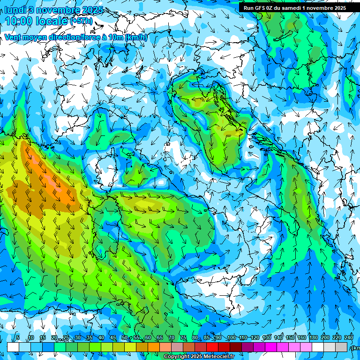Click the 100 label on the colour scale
point(231,338)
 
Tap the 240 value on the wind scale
point(348,338)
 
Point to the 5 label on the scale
point(18,338)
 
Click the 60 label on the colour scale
point(148,338)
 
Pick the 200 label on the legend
point(325,338)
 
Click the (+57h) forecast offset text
point(81,21)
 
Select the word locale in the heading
point(55,21)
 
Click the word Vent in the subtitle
point(13,37)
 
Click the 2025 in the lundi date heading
point(93,9)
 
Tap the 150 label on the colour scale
point(290,338)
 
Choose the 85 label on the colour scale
point(207,338)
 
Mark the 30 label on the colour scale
point(77,338)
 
